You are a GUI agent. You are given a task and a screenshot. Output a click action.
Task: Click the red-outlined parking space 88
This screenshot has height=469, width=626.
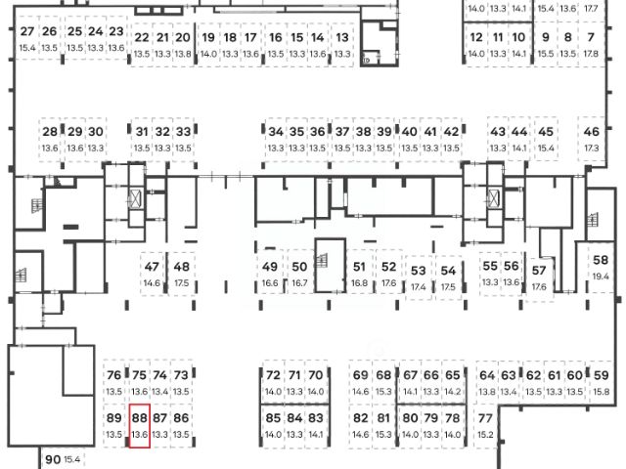tap(139, 426)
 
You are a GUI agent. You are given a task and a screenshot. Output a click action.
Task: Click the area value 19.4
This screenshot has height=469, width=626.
tap(601, 277)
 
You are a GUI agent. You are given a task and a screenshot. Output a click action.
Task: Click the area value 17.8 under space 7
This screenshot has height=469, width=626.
tap(592, 55)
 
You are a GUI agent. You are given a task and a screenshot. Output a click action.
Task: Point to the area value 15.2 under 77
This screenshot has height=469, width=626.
tap(485, 435)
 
